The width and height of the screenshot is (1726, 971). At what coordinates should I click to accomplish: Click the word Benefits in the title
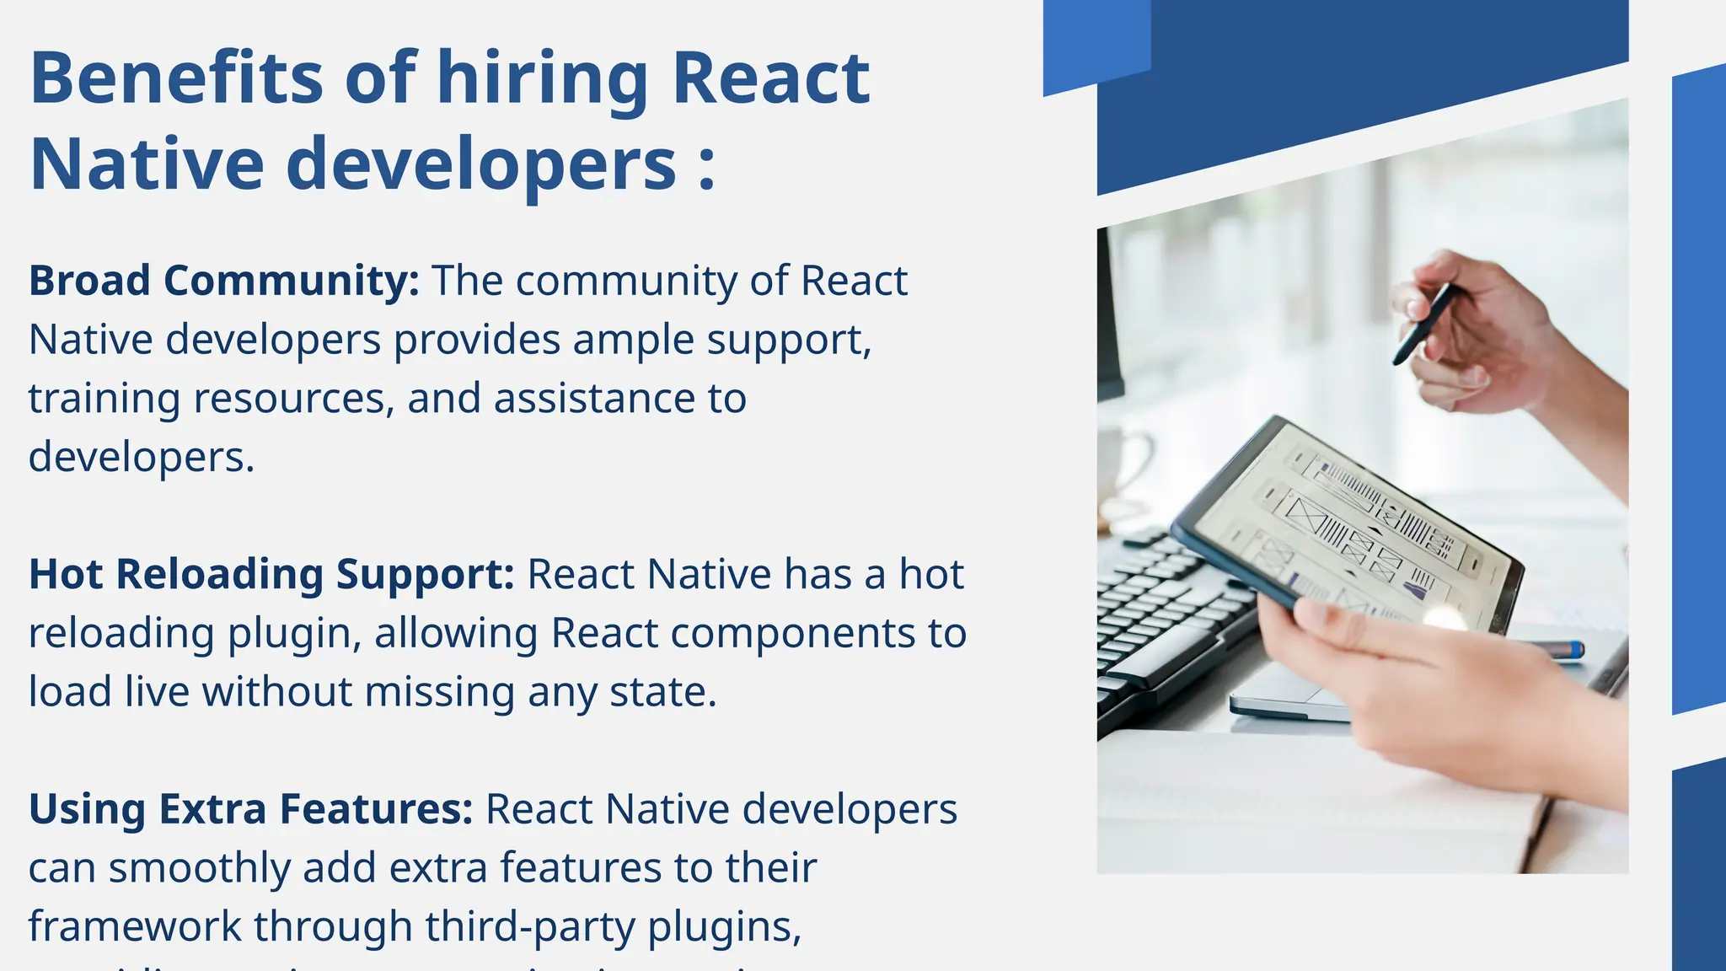point(175,78)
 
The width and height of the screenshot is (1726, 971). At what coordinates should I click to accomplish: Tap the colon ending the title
point(707,164)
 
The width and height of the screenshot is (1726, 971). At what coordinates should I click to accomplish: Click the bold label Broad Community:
point(223,281)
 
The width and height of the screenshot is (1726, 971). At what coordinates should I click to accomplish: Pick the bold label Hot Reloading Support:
point(271,575)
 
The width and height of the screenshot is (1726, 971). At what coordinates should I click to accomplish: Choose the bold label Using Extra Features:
point(250,809)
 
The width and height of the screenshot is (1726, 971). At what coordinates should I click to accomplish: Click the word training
point(104,400)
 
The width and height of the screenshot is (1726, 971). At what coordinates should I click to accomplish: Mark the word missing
point(440,692)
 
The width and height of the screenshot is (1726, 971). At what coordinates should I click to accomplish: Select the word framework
point(134,926)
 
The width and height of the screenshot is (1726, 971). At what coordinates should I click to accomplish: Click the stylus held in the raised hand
point(1423,324)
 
